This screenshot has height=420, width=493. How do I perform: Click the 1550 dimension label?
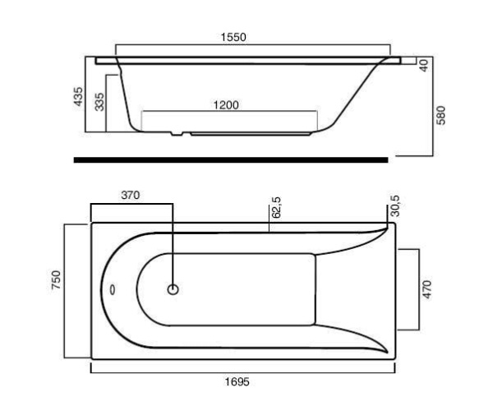pos(233,37)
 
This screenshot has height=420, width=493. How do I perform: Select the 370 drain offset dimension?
pos(130,195)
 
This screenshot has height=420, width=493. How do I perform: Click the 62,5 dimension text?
pos(277,207)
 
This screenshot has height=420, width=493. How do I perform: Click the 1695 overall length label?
pos(237,382)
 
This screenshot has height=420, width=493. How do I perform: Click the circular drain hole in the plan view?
pos(173,289)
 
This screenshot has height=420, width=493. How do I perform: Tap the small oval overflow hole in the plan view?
pos(113,289)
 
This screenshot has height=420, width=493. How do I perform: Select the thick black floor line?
pos(231,160)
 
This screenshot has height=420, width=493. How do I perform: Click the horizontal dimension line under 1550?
pos(255,45)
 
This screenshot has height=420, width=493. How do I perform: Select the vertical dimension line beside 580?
pos(432,107)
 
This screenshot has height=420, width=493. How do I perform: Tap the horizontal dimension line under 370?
pos(131,204)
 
